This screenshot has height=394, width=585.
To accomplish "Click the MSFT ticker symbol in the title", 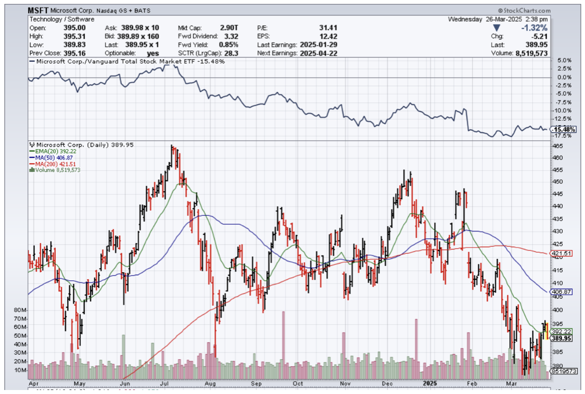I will point(38,10).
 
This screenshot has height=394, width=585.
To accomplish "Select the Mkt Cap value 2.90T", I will point(229,28).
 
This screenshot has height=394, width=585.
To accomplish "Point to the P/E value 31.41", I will point(329,28).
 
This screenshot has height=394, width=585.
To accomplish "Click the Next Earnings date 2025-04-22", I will point(318,53).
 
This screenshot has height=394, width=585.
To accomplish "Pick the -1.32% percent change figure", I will point(534,28).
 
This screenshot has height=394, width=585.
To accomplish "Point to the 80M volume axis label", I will point(20,310).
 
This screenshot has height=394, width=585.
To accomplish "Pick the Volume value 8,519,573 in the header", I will point(532,53).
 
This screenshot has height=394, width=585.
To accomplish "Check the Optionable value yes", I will point(153,53).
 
